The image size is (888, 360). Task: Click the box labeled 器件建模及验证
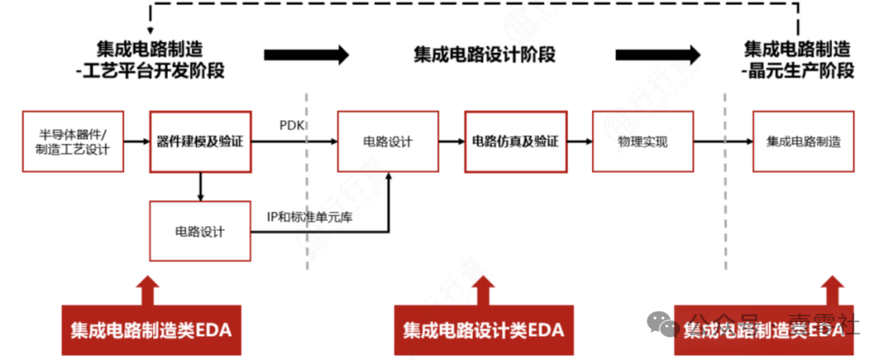coord(200,141)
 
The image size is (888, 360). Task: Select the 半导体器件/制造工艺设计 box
coord(73,141)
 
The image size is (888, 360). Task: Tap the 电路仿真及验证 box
coord(516,141)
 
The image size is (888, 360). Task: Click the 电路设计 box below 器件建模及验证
coord(200,231)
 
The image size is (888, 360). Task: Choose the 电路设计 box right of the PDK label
coord(388,141)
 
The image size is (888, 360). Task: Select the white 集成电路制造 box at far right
coord(802,141)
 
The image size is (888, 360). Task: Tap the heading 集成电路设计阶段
coord(484,55)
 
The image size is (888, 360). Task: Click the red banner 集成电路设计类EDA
coord(483,330)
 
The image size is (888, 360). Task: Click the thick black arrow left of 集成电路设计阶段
coord(306,55)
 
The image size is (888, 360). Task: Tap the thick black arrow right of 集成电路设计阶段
coord(658,55)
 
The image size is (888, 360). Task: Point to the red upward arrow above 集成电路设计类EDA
coord(483,289)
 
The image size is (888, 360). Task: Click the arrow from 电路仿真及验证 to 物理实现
coord(579,141)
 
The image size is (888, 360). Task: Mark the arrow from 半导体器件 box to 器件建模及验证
coord(136,141)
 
